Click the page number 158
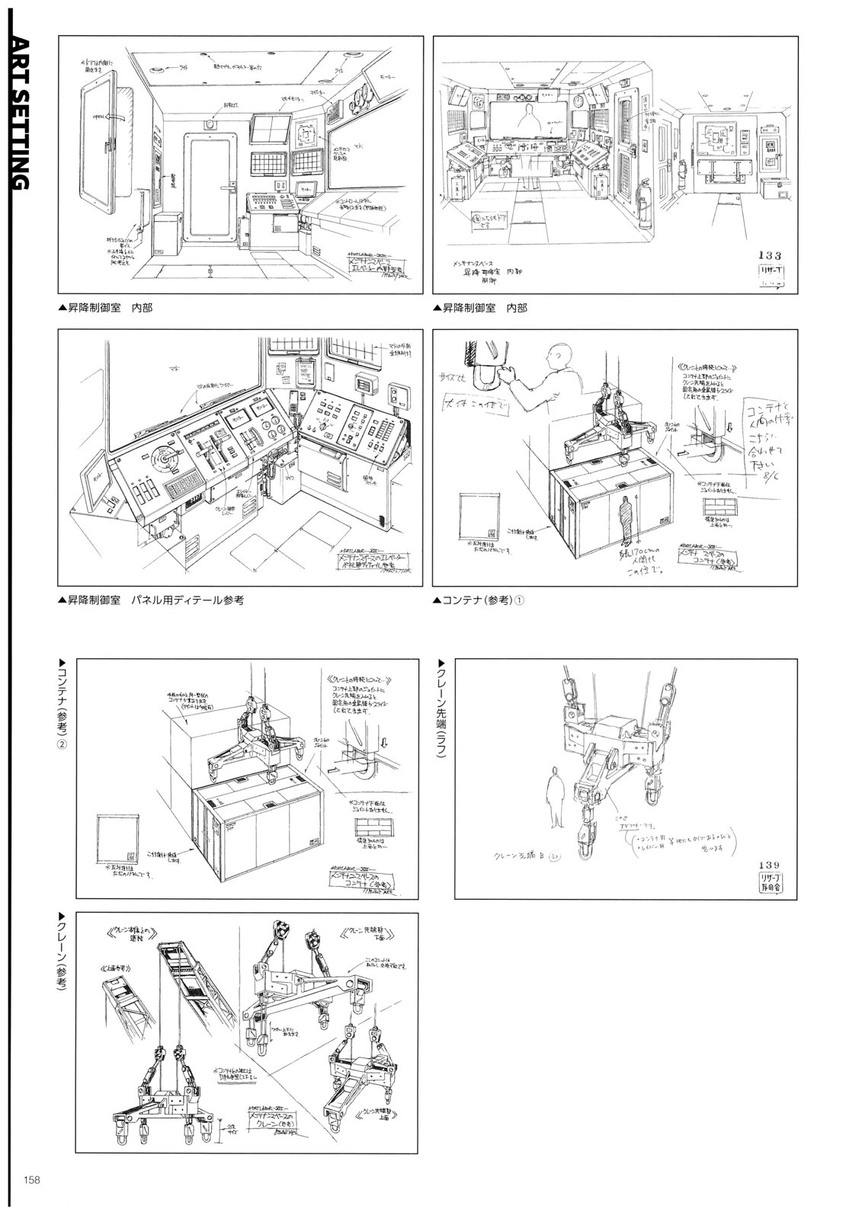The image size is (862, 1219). (30, 1181)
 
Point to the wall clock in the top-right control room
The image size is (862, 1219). (578, 100)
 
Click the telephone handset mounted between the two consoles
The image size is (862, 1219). (271, 471)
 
